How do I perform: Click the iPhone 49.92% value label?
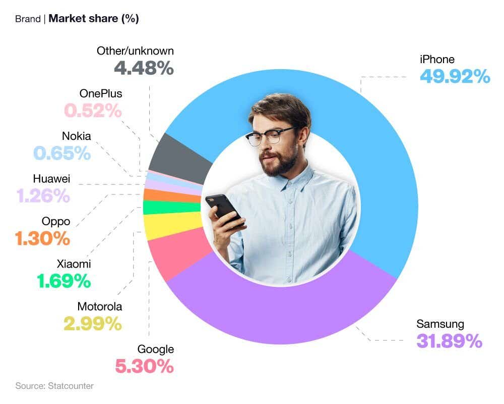(x=455, y=77)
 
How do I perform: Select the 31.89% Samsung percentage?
(x=449, y=341)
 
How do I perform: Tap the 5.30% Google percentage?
(x=145, y=367)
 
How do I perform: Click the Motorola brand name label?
(x=100, y=307)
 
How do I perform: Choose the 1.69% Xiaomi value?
(x=64, y=281)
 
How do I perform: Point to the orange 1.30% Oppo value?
(x=43, y=238)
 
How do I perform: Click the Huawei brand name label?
(x=51, y=179)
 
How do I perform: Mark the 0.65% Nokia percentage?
(x=62, y=153)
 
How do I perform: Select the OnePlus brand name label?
(x=101, y=93)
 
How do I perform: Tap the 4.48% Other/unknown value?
(x=144, y=68)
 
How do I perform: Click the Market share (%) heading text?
(x=94, y=19)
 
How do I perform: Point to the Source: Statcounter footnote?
(x=54, y=386)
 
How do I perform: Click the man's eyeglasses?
(x=270, y=135)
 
